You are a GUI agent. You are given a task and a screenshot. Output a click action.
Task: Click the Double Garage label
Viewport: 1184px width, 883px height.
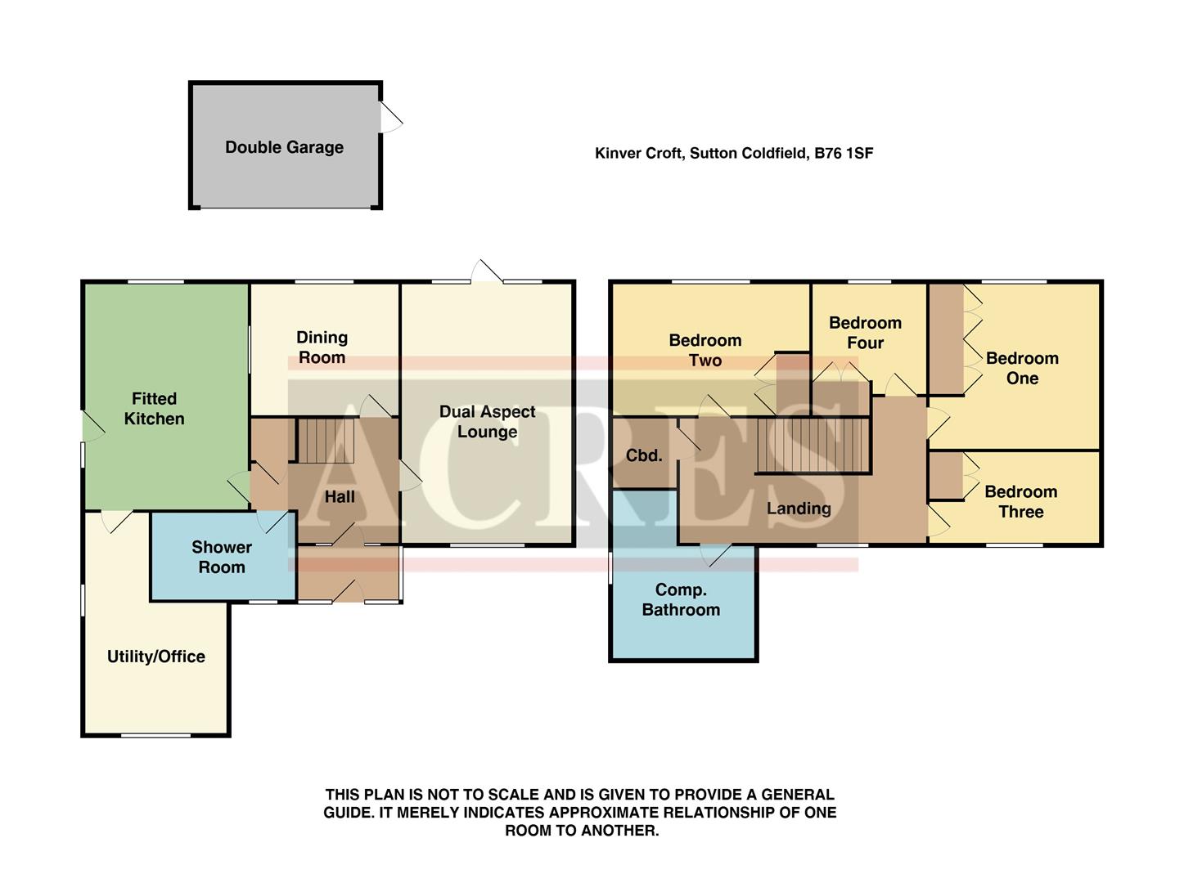tap(284, 147)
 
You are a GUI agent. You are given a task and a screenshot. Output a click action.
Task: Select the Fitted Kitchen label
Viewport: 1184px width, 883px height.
tap(154, 409)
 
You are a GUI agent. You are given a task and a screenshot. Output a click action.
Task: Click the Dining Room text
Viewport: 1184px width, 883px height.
tap(322, 347)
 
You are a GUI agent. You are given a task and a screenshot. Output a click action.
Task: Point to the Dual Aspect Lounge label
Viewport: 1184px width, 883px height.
tap(487, 422)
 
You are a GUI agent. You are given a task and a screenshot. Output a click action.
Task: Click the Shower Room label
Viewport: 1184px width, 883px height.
tap(221, 557)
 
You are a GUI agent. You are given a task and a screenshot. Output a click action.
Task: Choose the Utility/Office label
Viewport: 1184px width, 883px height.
tap(155, 657)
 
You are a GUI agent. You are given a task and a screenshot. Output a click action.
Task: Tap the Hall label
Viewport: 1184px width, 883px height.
tap(340, 497)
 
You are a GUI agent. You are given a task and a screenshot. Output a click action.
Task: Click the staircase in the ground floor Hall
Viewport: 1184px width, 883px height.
tap(325, 441)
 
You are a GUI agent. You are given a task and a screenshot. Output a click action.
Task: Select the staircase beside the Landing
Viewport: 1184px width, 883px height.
tap(811, 446)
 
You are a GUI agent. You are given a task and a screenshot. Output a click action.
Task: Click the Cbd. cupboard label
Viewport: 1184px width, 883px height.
tap(644, 455)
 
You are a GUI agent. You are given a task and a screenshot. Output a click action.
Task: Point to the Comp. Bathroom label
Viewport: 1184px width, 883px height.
tap(681, 600)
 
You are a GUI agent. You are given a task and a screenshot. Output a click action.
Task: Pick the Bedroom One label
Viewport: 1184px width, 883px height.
tap(1022, 368)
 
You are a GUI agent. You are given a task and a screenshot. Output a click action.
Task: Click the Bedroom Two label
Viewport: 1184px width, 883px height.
tap(705, 350)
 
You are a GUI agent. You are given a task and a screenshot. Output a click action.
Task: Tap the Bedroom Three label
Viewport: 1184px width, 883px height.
tap(1020, 502)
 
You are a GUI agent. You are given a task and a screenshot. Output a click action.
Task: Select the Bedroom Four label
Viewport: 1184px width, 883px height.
tap(865, 333)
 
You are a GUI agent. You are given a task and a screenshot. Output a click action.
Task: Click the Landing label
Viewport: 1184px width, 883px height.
tap(799, 509)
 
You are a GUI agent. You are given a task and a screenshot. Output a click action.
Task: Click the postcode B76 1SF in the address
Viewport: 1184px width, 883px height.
tap(844, 153)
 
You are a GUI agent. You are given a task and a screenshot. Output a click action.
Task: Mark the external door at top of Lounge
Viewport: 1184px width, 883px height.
tap(488, 272)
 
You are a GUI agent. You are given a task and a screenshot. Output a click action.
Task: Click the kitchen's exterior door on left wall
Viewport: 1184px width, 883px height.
tap(92, 426)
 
